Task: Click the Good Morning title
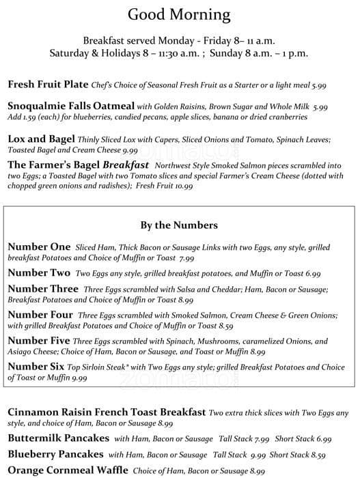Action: pos(180,14)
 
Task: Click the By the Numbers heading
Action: pos(179,225)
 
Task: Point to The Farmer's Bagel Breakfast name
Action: pos(79,165)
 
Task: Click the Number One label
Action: pos(39,247)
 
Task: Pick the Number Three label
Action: pos(44,289)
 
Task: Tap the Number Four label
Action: pos(40,315)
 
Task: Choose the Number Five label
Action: pos(40,341)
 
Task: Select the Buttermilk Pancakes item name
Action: pos(58,438)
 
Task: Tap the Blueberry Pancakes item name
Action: pos(55,454)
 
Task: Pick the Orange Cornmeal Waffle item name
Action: pos(68,470)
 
